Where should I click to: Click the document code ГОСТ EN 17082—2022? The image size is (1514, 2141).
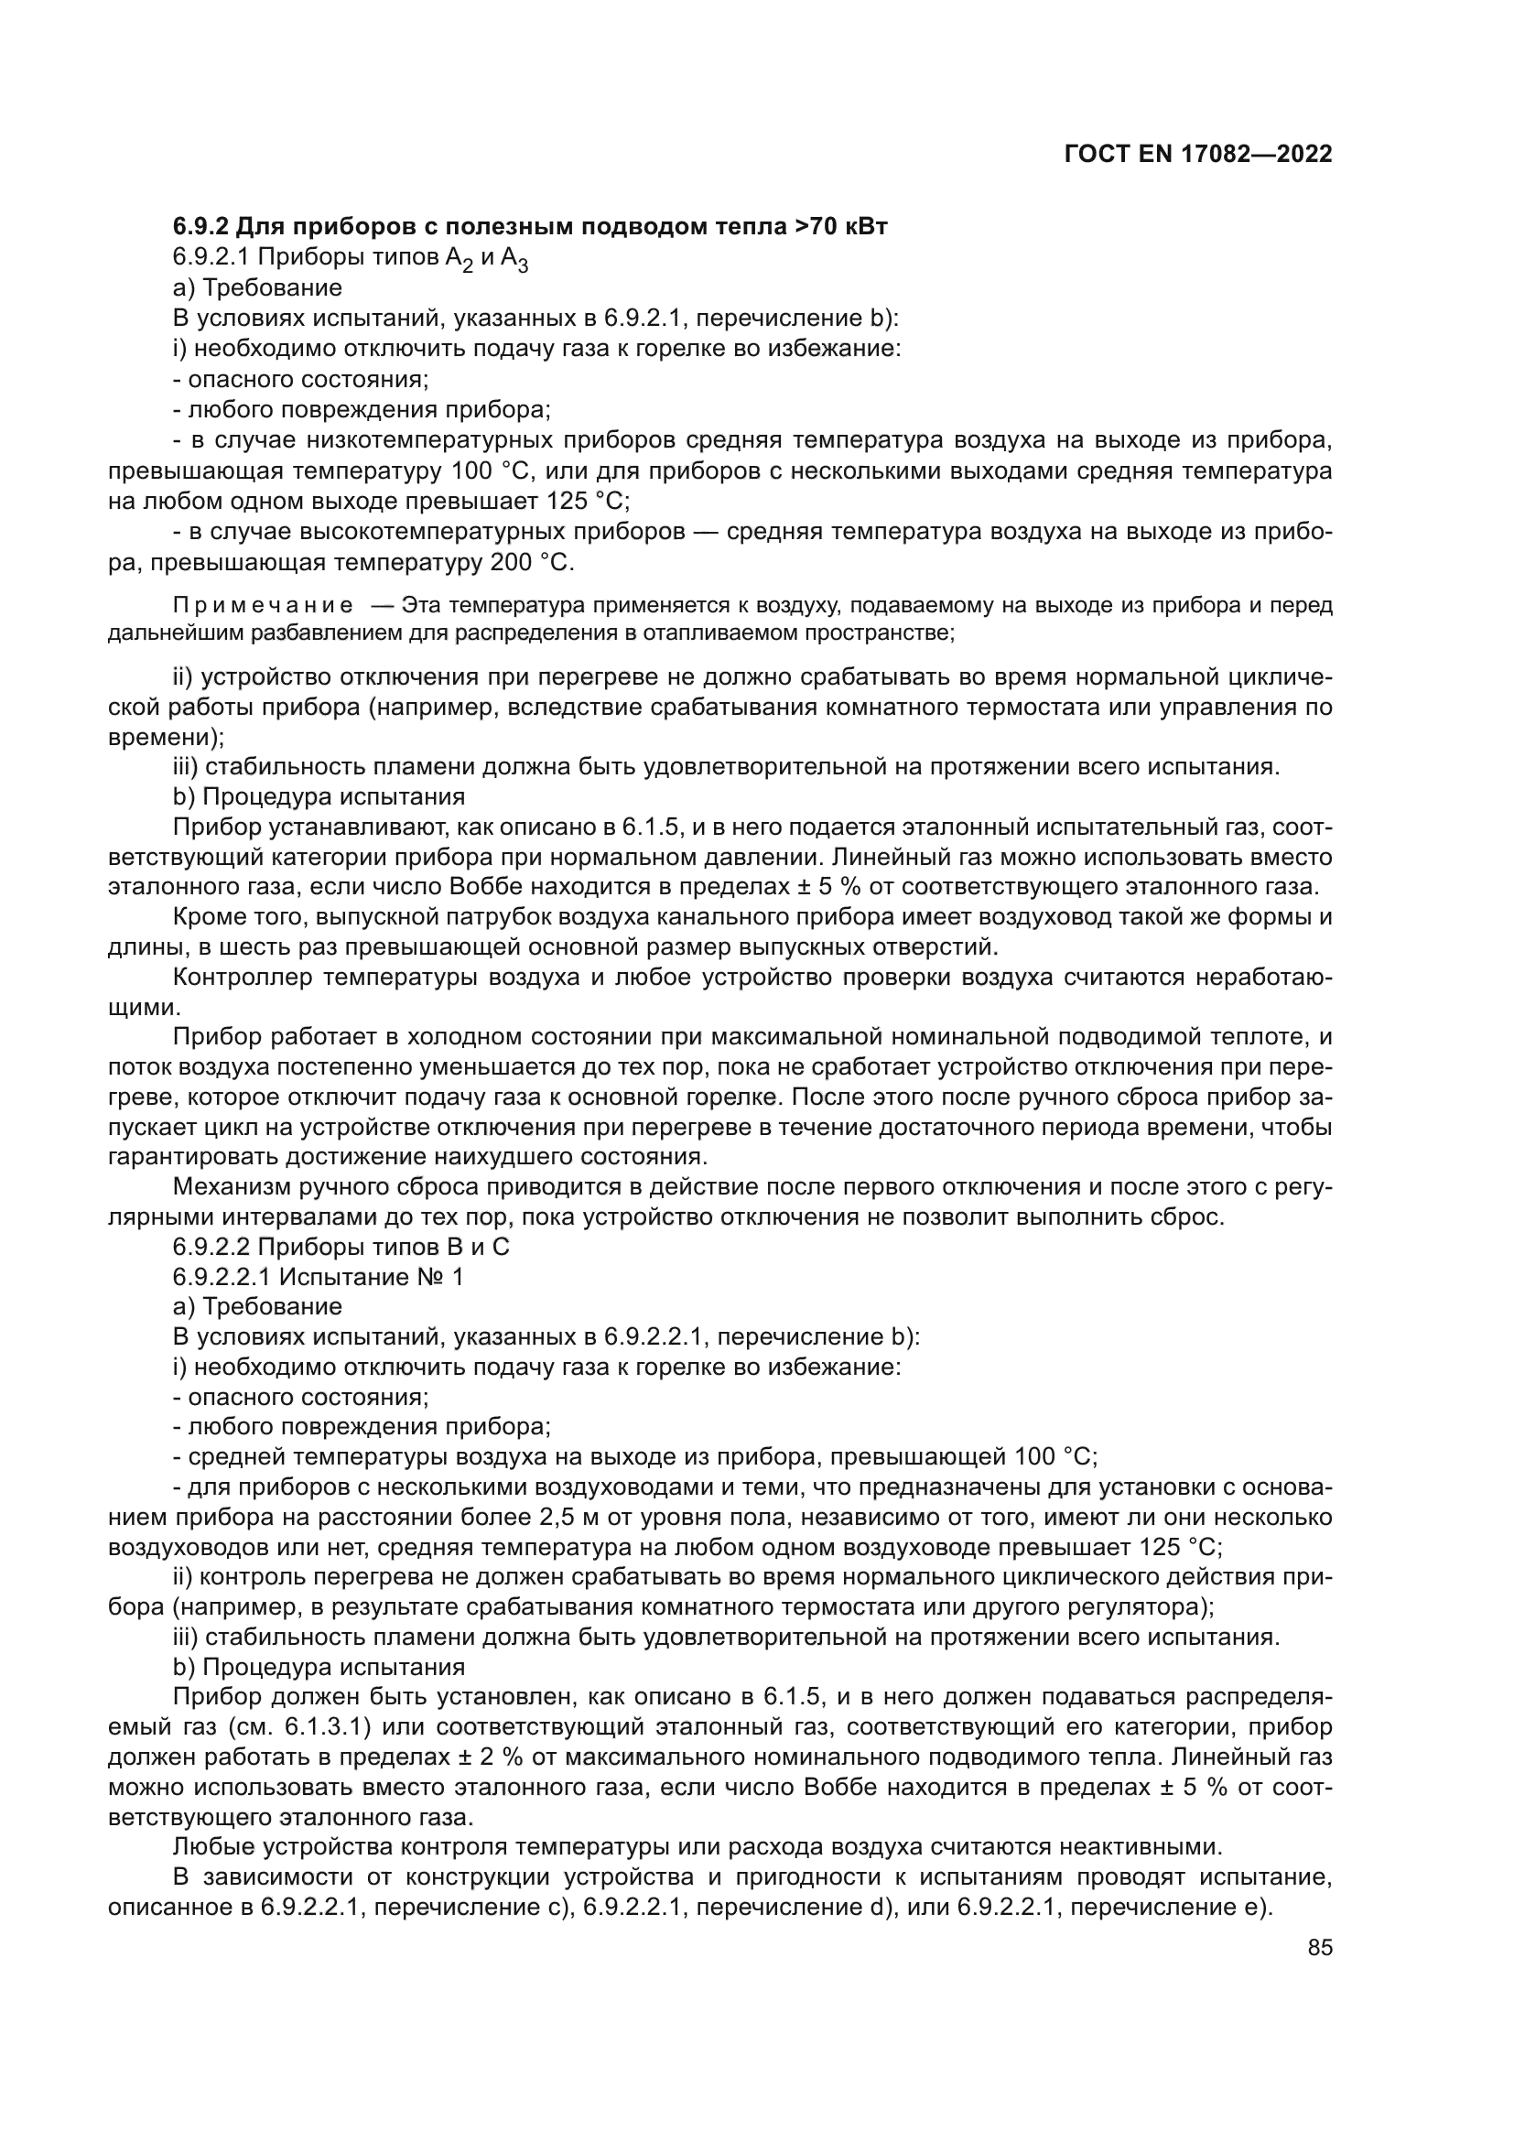pos(1197,155)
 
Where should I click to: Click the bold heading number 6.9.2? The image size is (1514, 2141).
pos(200,227)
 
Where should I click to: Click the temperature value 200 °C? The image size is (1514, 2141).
pos(532,563)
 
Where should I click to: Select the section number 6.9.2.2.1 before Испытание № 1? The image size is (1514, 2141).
pos(221,1277)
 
